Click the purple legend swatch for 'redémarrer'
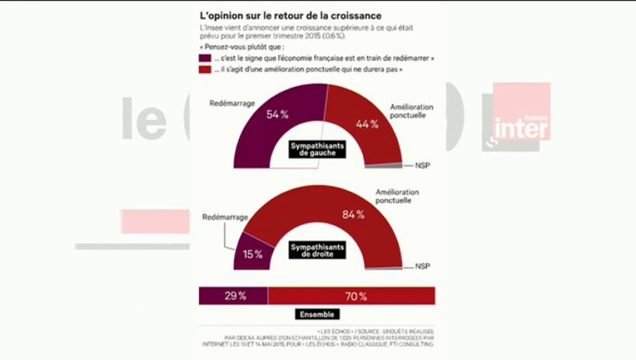click(x=204, y=58)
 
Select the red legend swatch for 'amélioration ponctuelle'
click(x=204, y=70)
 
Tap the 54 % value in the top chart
click(x=277, y=114)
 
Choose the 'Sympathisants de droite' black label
click(x=317, y=250)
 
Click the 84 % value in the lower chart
click(x=353, y=215)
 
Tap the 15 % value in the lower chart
click(x=252, y=254)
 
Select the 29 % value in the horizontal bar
click(x=235, y=296)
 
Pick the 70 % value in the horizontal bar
click(x=355, y=296)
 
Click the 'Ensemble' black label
click(x=317, y=314)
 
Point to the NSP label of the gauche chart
click(x=422, y=165)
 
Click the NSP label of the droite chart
click(x=422, y=266)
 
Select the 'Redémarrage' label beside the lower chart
click(x=225, y=217)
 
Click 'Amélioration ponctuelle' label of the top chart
click(x=411, y=111)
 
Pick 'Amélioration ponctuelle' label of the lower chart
click(x=397, y=196)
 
